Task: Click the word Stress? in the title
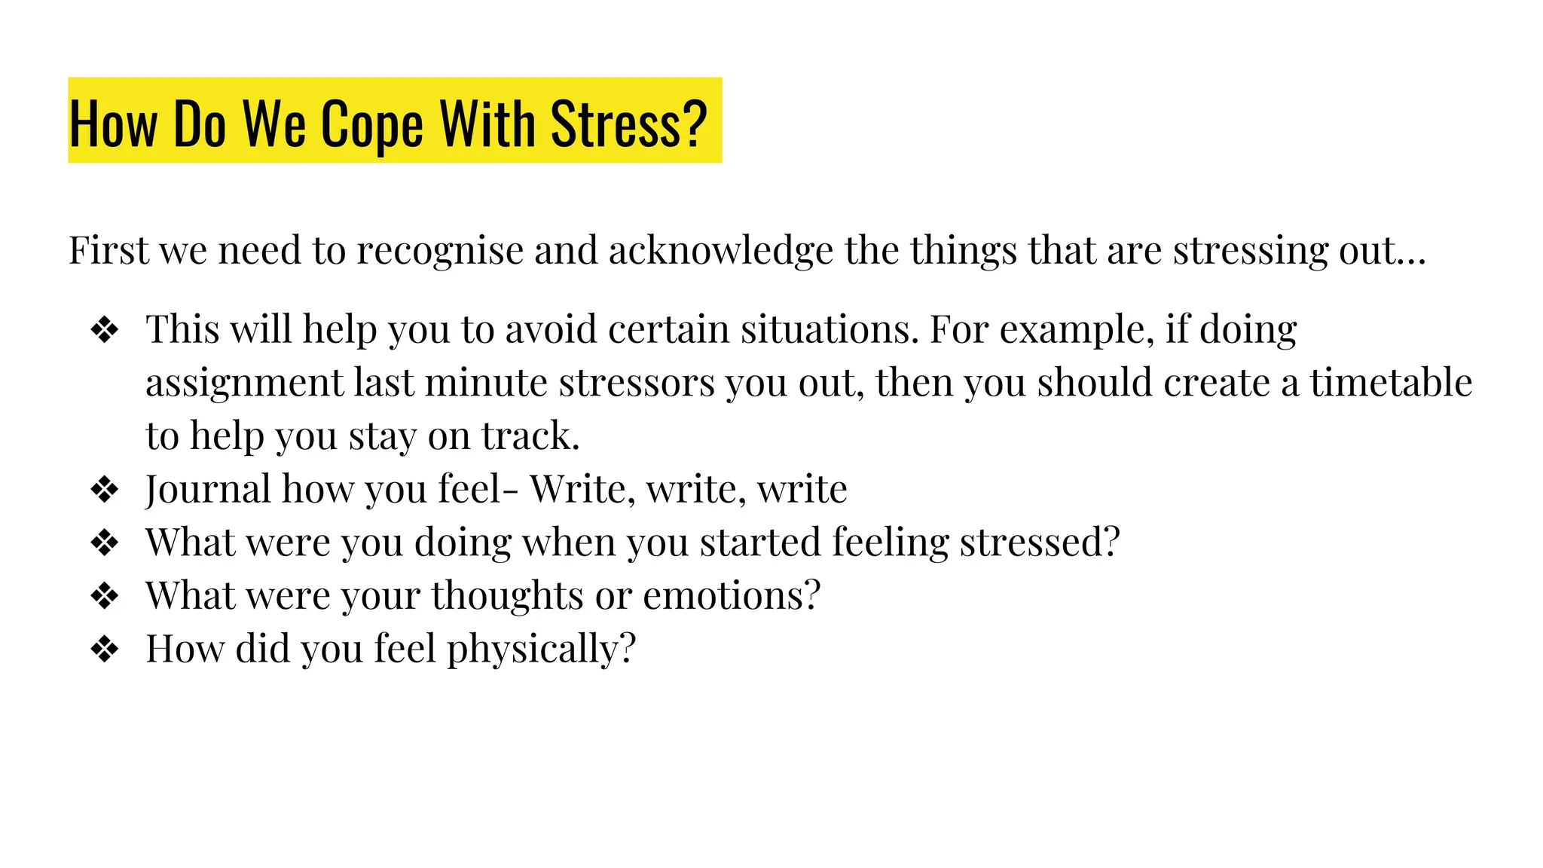point(628,124)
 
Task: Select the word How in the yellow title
point(113,124)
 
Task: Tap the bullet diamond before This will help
point(104,330)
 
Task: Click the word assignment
point(244,383)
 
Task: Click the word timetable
point(1391,383)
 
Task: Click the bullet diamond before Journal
point(104,490)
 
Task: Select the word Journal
point(208,490)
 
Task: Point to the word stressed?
point(1040,542)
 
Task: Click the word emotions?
point(731,596)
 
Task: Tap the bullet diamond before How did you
point(104,649)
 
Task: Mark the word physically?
point(541,649)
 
